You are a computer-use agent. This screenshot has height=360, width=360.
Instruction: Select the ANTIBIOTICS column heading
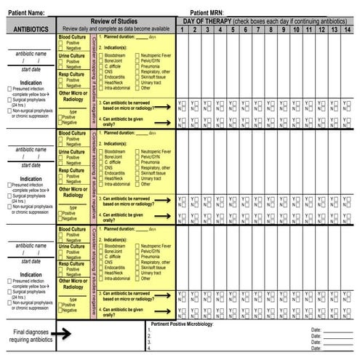tap(27, 29)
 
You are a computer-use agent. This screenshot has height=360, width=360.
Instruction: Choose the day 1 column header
tap(182, 30)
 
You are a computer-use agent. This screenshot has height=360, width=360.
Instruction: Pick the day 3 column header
tap(207, 30)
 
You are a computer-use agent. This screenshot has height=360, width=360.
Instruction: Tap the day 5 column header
tap(233, 30)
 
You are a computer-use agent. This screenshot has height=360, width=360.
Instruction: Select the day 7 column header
tap(258, 30)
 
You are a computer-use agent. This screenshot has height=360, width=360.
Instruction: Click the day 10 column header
tap(296, 30)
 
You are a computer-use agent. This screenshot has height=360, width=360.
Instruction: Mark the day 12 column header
tap(321, 30)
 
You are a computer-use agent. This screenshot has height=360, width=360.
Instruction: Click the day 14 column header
tap(347, 30)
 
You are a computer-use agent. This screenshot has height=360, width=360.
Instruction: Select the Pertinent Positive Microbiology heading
tap(182, 324)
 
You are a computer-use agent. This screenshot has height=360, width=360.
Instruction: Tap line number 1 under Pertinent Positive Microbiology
tap(148, 330)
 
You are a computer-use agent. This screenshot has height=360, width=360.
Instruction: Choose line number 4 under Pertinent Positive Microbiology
tap(148, 348)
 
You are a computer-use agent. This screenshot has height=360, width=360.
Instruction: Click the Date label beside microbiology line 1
tap(315, 330)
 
